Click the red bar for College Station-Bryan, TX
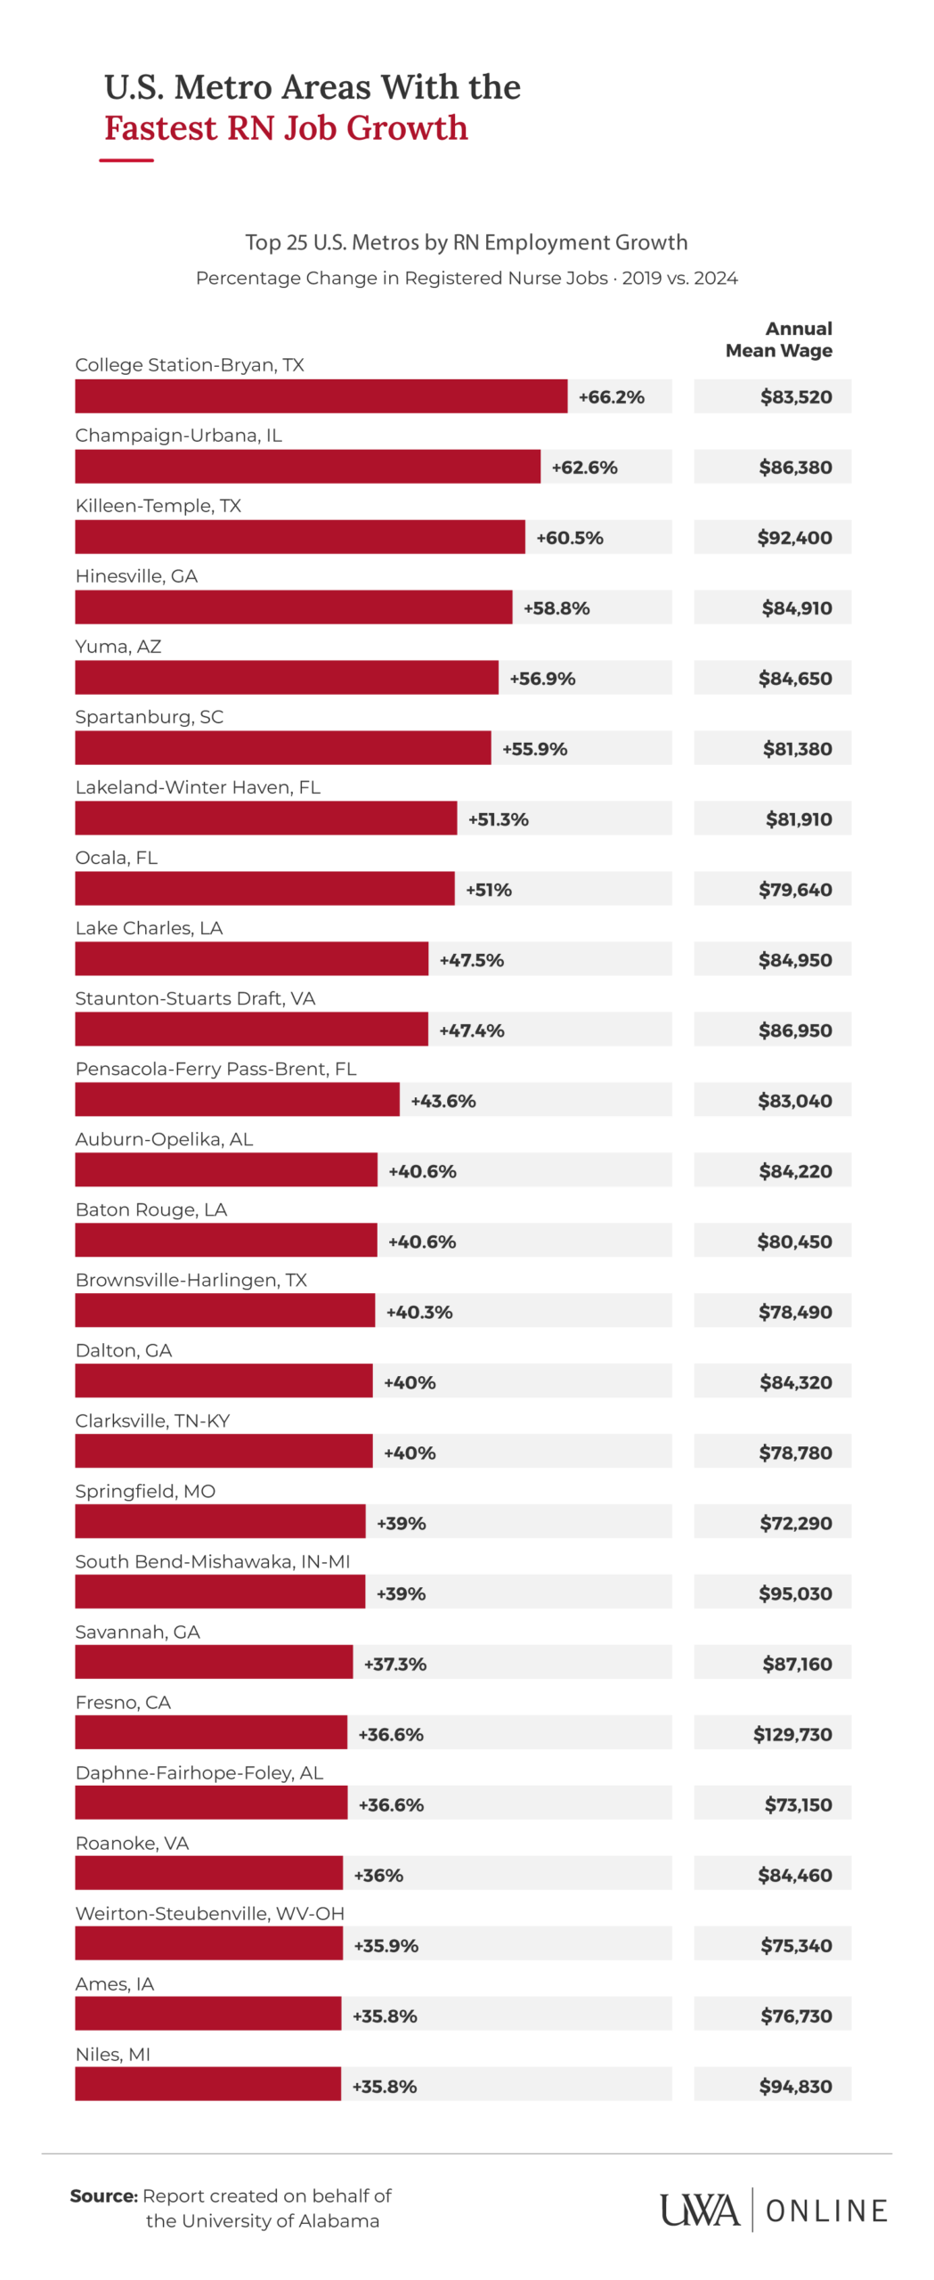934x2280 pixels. click(x=321, y=395)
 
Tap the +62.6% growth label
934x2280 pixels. click(x=584, y=467)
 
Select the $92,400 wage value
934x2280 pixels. click(x=794, y=537)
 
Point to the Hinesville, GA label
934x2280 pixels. click(x=136, y=575)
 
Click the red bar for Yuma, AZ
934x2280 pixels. click(x=286, y=677)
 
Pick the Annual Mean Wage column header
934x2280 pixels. click(x=779, y=338)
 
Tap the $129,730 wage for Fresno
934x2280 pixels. click(x=792, y=1733)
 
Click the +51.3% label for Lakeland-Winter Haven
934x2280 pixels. click(x=498, y=818)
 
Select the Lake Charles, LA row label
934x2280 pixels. click(x=149, y=927)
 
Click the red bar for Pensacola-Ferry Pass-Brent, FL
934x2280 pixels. click(x=237, y=1099)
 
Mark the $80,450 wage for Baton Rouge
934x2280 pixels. click(x=794, y=1241)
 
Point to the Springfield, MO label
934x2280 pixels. click(x=145, y=1490)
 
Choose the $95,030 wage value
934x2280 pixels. click(x=795, y=1592)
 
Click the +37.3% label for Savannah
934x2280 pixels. click(x=394, y=1663)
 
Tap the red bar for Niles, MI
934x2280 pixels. click(x=207, y=2084)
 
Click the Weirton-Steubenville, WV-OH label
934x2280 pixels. click(x=209, y=1912)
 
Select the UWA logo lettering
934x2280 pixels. click(x=699, y=2211)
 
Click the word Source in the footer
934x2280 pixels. click(x=103, y=2195)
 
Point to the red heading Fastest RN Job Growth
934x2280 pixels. click(x=286, y=127)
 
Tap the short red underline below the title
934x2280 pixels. click(x=126, y=160)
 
